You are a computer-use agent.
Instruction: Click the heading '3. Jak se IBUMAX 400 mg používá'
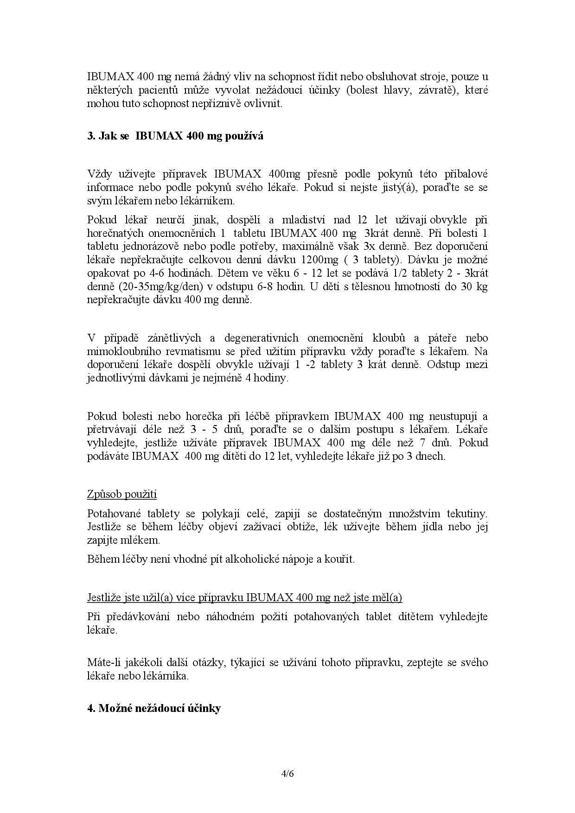[175, 136]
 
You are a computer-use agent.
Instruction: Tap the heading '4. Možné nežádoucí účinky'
[154, 708]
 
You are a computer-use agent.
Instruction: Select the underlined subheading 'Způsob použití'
[122, 494]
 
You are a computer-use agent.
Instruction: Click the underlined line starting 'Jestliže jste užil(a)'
[244, 597]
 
